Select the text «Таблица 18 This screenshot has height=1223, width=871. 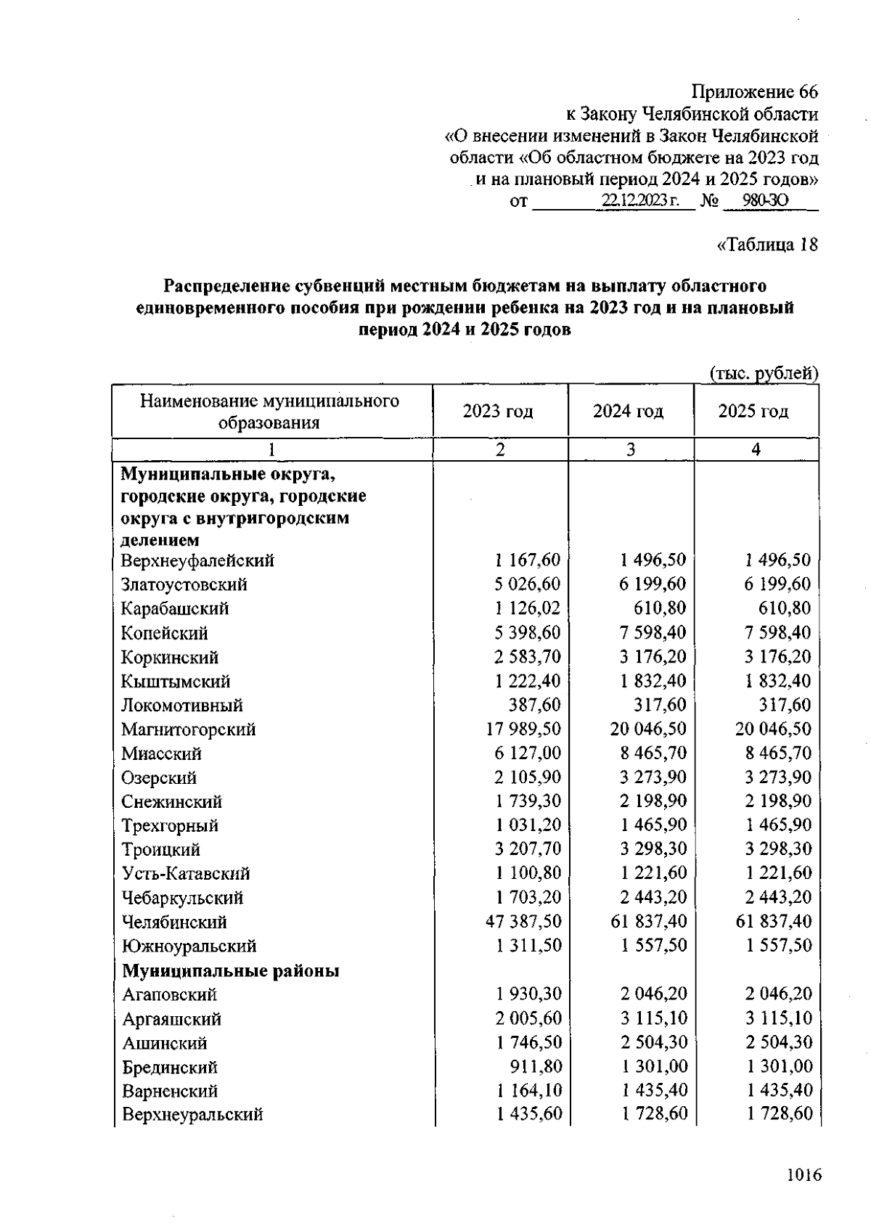(767, 245)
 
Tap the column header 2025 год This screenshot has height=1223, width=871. (753, 412)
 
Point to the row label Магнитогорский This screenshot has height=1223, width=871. (189, 729)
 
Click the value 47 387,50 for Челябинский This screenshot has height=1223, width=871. (523, 922)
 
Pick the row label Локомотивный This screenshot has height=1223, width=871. (182, 705)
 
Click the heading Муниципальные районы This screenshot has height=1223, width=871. (231, 970)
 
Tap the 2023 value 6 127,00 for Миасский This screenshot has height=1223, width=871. (528, 753)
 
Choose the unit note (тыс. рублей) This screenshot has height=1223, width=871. (764, 373)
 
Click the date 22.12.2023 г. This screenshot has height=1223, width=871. (639, 201)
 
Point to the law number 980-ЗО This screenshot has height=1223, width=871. (756, 201)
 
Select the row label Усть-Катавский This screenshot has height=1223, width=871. (186, 873)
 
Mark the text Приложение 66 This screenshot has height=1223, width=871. (754, 92)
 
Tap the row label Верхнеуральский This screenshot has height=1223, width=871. (192, 1115)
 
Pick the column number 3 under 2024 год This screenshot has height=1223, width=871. (631, 449)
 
